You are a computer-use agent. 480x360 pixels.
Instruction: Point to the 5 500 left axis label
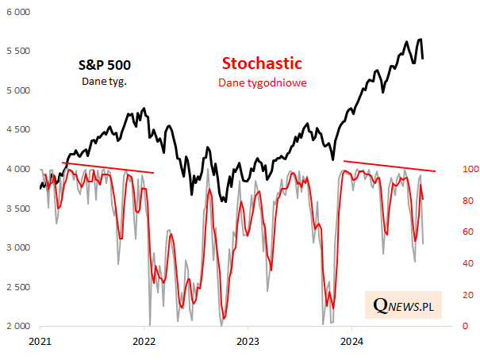(17, 52)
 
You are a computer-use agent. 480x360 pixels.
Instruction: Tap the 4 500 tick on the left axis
(17, 130)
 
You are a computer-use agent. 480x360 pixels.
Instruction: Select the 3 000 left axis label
(17, 248)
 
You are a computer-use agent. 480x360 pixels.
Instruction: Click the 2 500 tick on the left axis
(17, 287)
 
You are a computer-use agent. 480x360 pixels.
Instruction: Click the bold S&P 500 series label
(104, 65)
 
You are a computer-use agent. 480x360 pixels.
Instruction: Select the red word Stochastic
(262, 63)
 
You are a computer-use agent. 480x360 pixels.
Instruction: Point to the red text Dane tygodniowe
(263, 82)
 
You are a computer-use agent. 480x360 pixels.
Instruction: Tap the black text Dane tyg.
(104, 81)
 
